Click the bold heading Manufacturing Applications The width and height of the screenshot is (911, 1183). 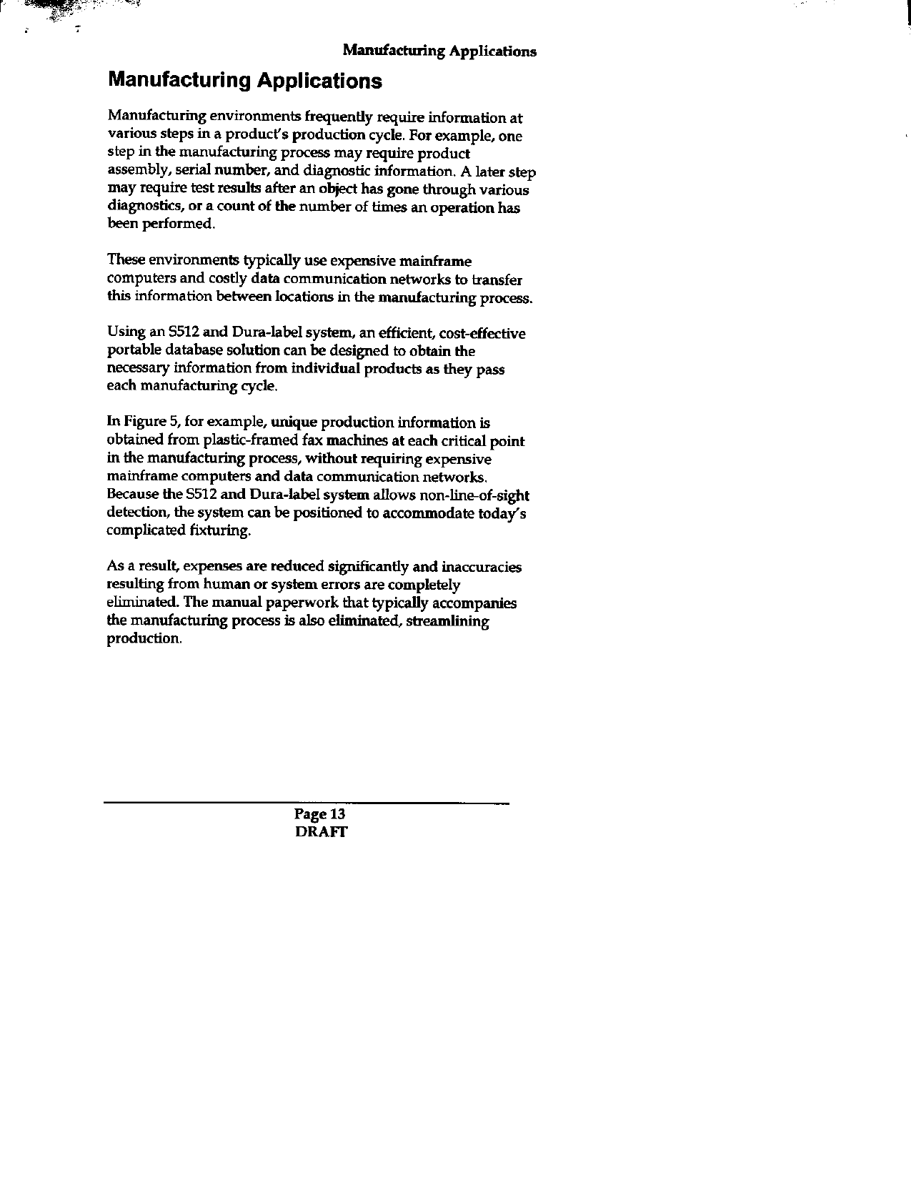coord(244,80)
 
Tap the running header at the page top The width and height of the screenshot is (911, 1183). coord(439,51)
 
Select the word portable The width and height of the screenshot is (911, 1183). coord(134,351)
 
